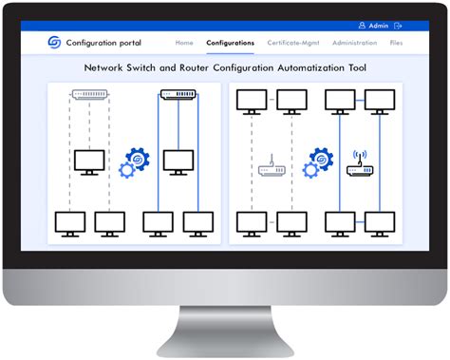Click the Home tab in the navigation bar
(x=184, y=43)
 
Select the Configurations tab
(x=230, y=43)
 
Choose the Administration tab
(x=354, y=43)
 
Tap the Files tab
(x=396, y=43)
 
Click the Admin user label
(x=378, y=26)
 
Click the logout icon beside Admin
(x=398, y=26)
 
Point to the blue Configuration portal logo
(x=55, y=43)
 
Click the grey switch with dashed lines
(x=90, y=95)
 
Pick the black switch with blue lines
(x=178, y=95)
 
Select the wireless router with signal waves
(x=360, y=168)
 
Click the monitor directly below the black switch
(x=178, y=161)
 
